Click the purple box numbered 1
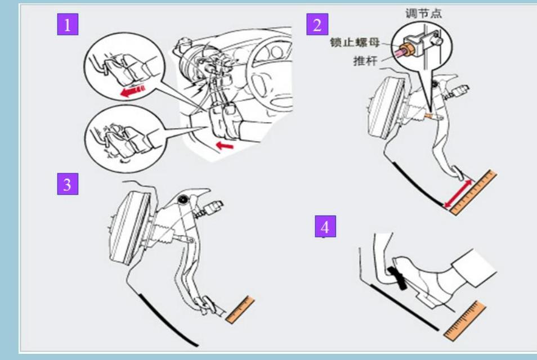68,24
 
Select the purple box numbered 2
317,24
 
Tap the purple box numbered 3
68,184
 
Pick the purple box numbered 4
325,226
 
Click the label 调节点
424,13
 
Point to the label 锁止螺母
355,42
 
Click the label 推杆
365,61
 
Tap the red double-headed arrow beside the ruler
458,193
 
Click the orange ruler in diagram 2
473,192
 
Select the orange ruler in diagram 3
240,310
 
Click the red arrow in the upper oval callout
132,91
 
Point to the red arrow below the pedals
225,146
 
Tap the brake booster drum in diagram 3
130,228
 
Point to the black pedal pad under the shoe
398,277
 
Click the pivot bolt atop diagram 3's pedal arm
184,199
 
